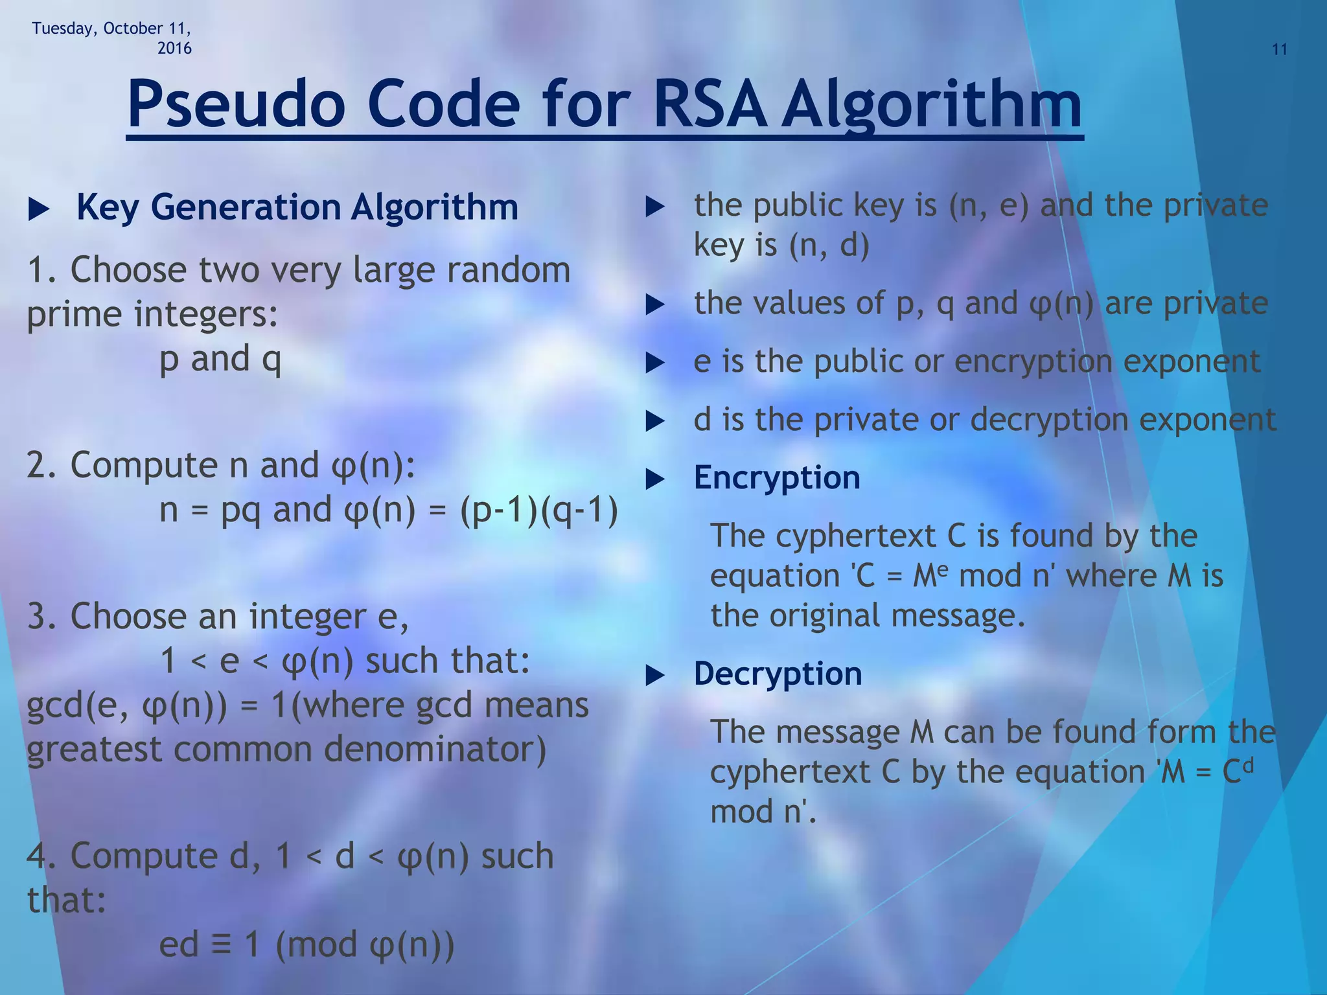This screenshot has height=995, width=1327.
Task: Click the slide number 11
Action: (x=1279, y=50)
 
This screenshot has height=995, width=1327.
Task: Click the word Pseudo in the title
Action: (x=237, y=104)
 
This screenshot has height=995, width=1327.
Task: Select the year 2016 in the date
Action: (x=174, y=49)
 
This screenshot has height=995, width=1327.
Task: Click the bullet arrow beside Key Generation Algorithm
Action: (x=39, y=209)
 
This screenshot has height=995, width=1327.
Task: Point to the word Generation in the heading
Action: (x=246, y=207)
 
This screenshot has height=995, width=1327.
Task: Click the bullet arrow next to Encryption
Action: (x=656, y=480)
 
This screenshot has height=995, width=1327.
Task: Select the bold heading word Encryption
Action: (x=776, y=478)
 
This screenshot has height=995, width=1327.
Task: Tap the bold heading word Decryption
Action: (x=778, y=674)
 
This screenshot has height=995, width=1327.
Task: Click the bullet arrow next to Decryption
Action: (x=656, y=676)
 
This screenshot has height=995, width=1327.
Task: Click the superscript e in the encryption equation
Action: (x=943, y=567)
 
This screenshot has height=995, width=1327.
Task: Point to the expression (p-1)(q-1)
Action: (x=538, y=510)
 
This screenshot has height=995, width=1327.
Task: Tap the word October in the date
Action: (x=133, y=29)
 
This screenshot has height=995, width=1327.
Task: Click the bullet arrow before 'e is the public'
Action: (x=656, y=363)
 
